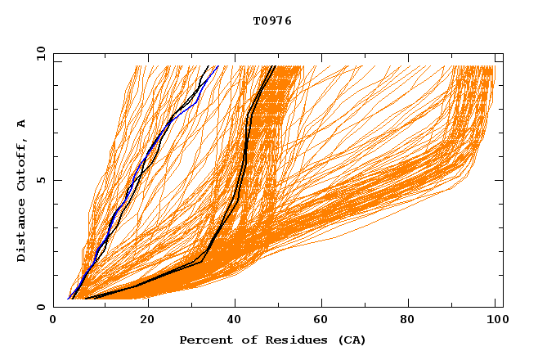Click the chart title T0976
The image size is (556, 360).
(x=272, y=21)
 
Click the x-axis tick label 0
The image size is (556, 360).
(x=54, y=320)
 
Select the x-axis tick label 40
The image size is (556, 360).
(x=235, y=320)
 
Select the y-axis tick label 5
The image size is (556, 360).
(x=40, y=180)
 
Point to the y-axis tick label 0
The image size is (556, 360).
(x=40, y=307)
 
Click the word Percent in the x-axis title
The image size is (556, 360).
(x=202, y=340)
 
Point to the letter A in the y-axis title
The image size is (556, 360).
(x=22, y=124)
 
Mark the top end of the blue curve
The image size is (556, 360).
(x=217, y=66)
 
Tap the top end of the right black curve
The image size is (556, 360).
(x=276, y=66)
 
